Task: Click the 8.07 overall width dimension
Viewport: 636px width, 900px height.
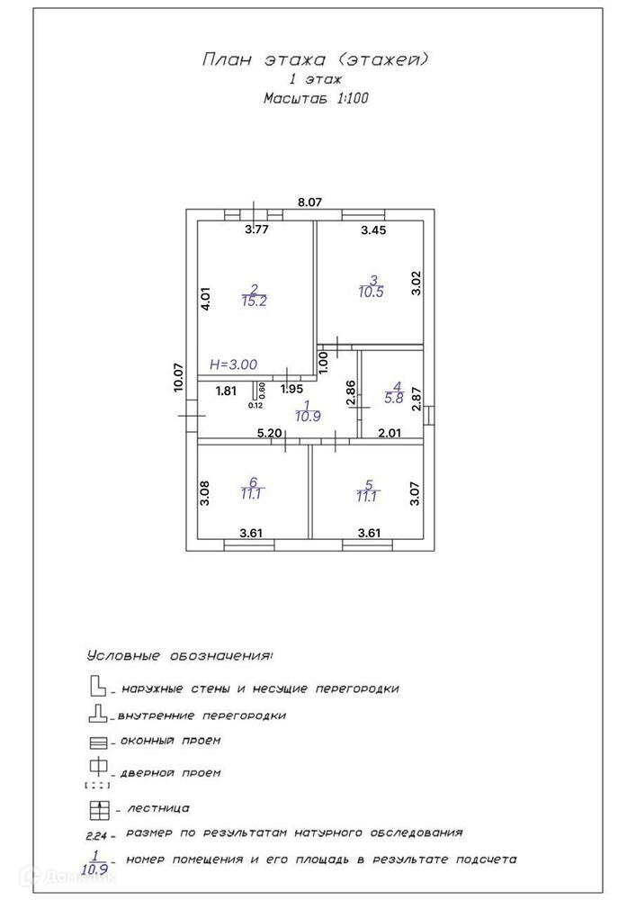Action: coord(309,202)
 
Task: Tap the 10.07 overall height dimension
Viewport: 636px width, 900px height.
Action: coord(179,376)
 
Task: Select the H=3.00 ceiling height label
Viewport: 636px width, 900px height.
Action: coord(233,364)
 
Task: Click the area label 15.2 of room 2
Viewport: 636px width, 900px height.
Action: coord(254,301)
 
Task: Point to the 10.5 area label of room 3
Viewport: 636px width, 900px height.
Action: coord(372,292)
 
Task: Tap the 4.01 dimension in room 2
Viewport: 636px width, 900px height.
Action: coord(206,300)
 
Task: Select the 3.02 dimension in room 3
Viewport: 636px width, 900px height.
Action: coord(416,283)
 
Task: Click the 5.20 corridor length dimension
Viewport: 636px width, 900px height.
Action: coord(270,433)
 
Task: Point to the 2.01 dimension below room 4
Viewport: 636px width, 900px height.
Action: coord(390,433)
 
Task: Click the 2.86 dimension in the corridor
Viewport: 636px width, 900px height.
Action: coord(352,393)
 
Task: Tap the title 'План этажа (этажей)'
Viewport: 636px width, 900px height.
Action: coord(315,60)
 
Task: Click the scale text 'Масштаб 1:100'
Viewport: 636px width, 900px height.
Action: coord(315,99)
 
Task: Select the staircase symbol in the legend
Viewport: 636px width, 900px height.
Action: coord(98,807)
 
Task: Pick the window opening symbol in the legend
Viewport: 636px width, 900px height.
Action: coord(98,743)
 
